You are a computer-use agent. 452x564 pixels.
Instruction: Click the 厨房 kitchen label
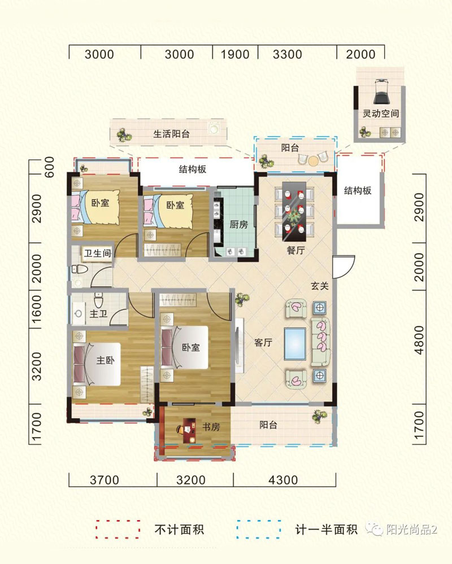[x=238, y=225]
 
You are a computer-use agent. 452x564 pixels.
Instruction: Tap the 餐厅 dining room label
[x=296, y=250]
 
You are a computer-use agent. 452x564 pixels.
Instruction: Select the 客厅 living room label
[x=263, y=343]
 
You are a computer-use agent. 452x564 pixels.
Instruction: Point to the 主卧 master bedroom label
[x=105, y=360]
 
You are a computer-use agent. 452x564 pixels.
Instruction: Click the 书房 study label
[x=211, y=427]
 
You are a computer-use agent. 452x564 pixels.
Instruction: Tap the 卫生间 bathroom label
[x=97, y=253]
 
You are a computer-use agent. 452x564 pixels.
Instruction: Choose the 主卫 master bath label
[x=99, y=314]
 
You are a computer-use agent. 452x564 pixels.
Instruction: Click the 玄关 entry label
[x=320, y=286]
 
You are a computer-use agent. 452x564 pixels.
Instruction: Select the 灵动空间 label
[x=381, y=113]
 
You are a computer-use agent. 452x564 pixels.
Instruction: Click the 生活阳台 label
[x=171, y=134]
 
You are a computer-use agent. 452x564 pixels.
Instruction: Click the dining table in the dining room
[x=294, y=212]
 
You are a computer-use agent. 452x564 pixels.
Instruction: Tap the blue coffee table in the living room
[x=295, y=343]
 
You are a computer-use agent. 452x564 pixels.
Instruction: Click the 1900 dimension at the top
[x=235, y=54]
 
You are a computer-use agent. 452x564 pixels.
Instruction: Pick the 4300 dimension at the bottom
[x=283, y=480]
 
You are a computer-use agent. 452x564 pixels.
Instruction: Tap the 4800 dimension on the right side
[x=419, y=340]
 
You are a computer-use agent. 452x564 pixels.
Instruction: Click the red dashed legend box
[x=118, y=529]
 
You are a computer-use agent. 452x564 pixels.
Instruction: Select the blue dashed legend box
[x=258, y=529]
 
